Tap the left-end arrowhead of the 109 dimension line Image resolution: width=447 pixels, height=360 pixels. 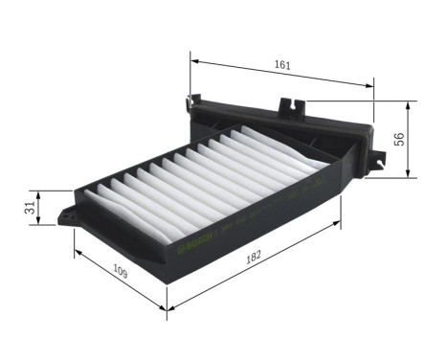point(76,254)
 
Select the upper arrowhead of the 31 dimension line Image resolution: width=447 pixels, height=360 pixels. point(38,191)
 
